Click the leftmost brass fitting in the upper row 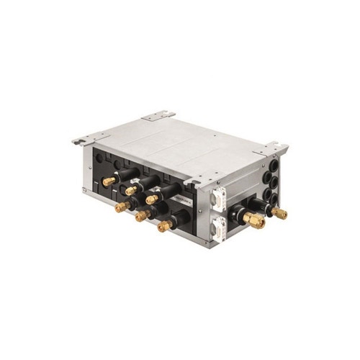click(109, 182)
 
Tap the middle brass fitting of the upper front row click(130, 191)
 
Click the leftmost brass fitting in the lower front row click(121, 207)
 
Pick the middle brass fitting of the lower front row click(141, 215)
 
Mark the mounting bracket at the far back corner click(156, 115)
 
